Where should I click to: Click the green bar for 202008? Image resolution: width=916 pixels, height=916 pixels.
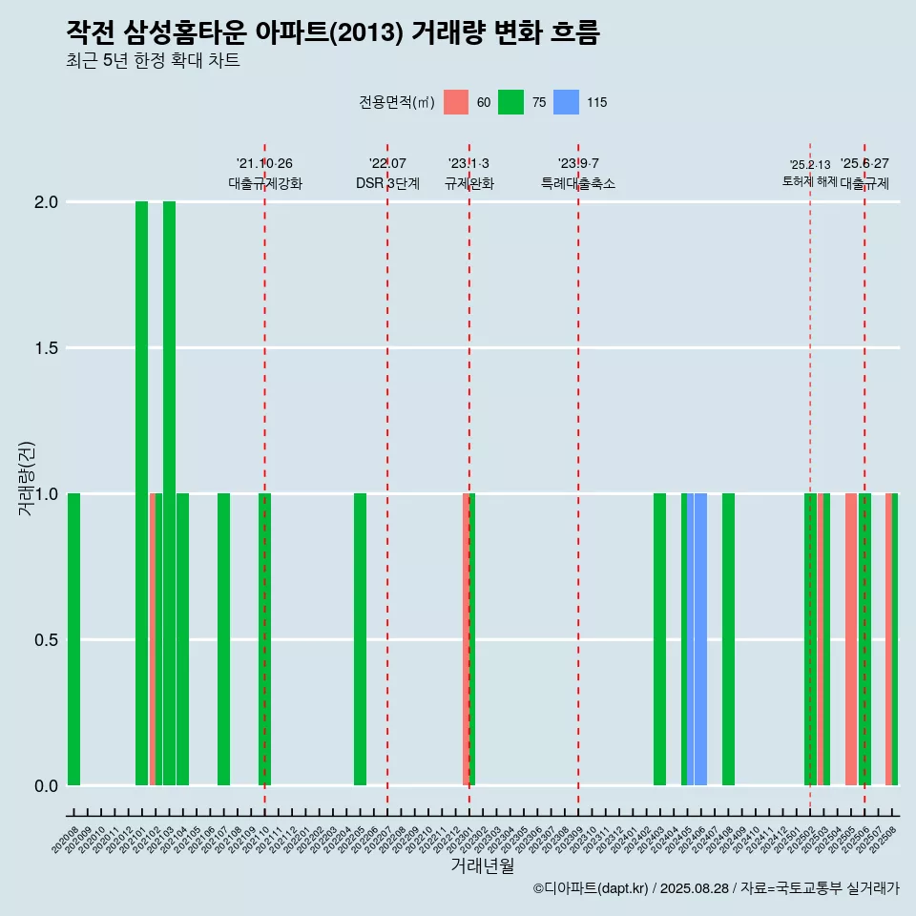73,639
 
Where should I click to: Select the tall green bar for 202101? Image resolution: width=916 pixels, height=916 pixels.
141,493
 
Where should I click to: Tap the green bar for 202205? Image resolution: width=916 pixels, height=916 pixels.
360,639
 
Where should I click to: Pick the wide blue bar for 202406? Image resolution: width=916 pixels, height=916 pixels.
700,639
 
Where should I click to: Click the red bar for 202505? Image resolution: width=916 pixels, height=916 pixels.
851,639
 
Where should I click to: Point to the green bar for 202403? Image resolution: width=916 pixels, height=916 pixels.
659,639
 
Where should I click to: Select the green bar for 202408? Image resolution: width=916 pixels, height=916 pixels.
728,639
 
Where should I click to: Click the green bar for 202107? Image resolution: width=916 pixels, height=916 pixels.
223,639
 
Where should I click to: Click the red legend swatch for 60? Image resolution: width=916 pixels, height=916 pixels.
457,102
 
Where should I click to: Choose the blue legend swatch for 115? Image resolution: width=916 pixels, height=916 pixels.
567,102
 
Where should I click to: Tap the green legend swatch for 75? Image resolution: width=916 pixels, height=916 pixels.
511,102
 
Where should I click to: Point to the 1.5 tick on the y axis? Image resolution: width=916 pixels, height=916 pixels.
45,348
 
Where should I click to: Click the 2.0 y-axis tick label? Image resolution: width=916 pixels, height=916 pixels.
45,202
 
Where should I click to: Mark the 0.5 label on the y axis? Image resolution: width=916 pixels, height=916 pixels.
45,639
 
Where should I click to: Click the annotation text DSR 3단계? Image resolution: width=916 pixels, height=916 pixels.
387,183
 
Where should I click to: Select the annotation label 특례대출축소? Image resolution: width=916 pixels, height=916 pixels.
578,183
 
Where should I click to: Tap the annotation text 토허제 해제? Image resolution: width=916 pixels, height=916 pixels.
809,181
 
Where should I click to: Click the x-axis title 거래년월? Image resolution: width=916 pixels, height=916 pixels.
482,866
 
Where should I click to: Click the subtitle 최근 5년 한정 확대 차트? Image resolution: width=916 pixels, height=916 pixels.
153,61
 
